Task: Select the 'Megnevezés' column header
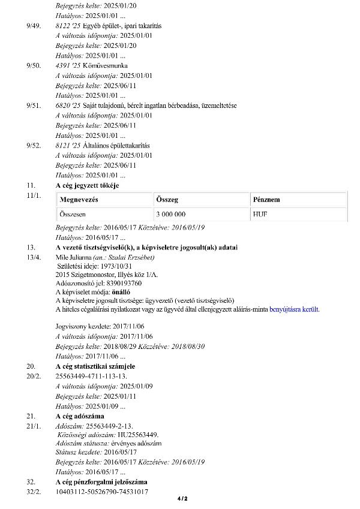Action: pos(79,200)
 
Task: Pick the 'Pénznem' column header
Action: pos(266,200)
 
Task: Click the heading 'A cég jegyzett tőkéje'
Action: pos(87,185)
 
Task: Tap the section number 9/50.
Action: pos(34,65)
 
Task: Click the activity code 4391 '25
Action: pos(67,65)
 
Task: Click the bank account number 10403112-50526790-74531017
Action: pos(101,492)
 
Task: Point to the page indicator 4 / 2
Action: pos(182,499)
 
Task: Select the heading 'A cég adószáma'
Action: pos(80,416)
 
